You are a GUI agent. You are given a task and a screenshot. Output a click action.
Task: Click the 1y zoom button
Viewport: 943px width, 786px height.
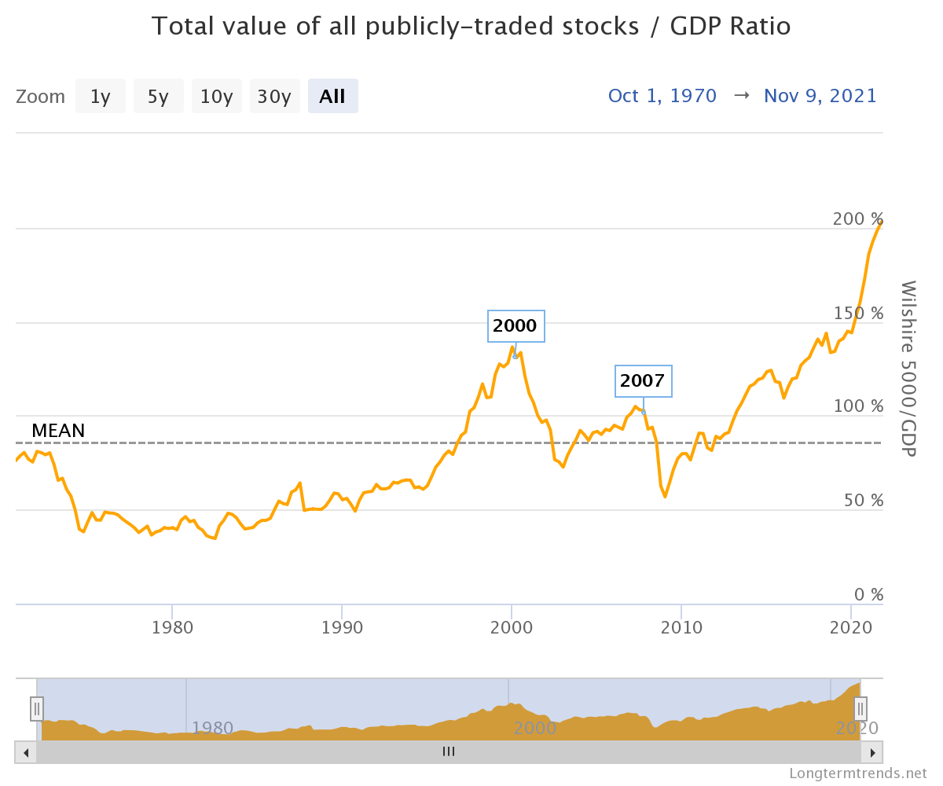tap(100, 97)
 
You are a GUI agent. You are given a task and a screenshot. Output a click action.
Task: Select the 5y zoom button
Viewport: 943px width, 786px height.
tap(158, 97)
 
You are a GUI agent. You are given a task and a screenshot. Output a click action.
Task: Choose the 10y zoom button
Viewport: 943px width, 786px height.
tap(216, 97)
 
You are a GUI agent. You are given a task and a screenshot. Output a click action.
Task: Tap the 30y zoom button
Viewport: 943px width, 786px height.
tap(274, 97)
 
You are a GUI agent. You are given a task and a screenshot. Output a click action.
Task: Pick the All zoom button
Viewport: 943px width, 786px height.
tap(332, 97)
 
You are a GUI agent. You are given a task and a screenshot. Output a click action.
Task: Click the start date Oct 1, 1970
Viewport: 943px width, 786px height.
tap(662, 96)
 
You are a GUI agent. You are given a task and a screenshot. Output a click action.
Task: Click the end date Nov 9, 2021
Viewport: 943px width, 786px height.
tap(820, 96)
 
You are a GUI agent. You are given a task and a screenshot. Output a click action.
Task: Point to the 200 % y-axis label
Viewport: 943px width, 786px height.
tap(858, 219)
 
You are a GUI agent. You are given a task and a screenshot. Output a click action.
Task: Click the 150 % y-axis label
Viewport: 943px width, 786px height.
tap(858, 313)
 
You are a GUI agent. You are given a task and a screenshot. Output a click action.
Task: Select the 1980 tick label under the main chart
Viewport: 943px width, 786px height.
tap(172, 628)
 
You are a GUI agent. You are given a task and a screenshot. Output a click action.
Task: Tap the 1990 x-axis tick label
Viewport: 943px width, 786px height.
tap(342, 628)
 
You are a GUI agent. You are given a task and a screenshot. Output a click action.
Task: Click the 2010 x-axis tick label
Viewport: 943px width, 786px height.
tap(681, 628)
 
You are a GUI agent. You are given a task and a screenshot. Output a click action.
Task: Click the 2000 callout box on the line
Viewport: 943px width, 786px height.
tap(515, 326)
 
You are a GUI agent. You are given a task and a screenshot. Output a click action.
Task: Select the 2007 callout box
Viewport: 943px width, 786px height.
tap(642, 382)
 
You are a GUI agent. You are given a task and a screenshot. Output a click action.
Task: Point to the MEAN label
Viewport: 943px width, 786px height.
tap(58, 431)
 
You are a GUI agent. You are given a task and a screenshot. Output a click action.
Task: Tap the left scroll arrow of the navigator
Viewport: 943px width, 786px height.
tap(26, 752)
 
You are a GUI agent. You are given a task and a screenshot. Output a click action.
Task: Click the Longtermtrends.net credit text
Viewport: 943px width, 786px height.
tap(858, 773)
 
